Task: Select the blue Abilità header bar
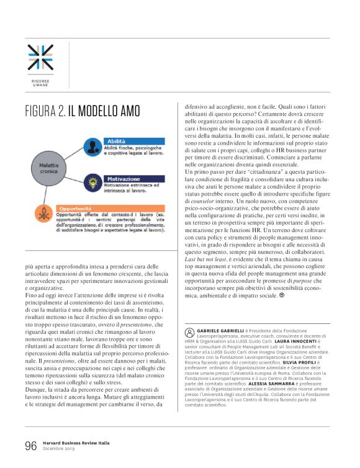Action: tap(133, 142)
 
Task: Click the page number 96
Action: tap(31, 446)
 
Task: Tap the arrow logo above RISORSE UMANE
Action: tap(40, 57)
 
